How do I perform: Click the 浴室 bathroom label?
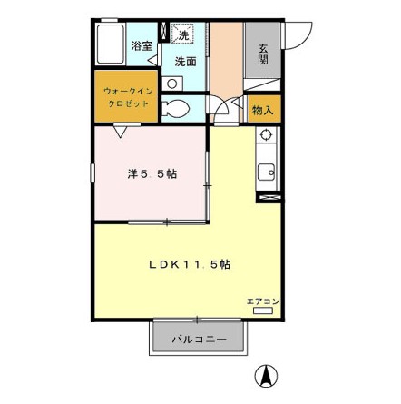(x=142, y=46)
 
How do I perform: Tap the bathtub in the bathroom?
(x=111, y=44)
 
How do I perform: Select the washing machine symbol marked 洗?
(x=182, y=33)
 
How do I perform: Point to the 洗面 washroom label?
(x=186, y=62)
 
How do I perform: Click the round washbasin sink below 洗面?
(x=172, y=84)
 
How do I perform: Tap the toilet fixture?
(x=175, y=108)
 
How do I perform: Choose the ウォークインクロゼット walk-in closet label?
(x=128, y=97)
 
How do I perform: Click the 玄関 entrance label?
(x=263, y=54)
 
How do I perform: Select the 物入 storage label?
(x=263, y=111)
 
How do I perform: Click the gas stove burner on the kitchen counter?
(x=266, y=135)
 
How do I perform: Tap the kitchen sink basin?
(x=266, y=172)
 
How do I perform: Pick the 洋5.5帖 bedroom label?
(x=152, y=174)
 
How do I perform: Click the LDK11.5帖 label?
(x=190, y=265)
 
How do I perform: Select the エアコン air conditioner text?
(x=263, y=301)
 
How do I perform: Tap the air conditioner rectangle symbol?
(x=263, y=310)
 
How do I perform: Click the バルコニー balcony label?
(x=199, y=339)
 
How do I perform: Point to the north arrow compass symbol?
(x=266, y=376)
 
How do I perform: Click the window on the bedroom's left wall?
(x=93, y=173)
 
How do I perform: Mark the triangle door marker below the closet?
(x=121, y=132)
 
